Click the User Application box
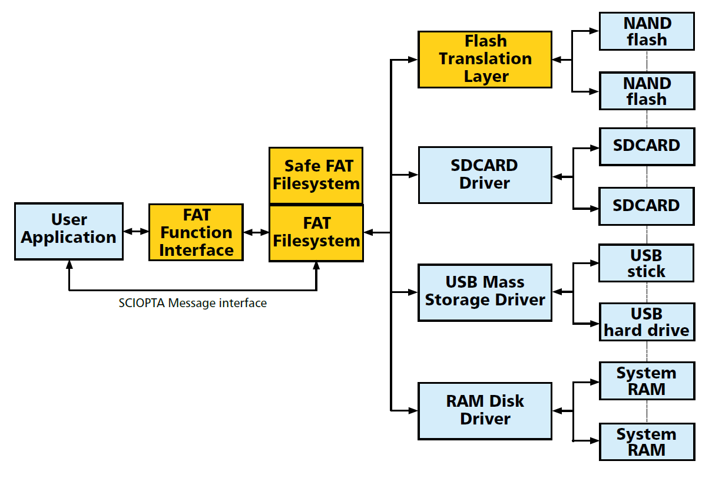coord(69,231)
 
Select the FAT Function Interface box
coord(196,232)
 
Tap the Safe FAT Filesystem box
coord(316,175)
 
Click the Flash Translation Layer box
coord(485,60)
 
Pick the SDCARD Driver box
coord(485,175)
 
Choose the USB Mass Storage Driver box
coord(485,293)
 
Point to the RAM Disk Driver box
coord(485,411)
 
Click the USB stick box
coord(647,263)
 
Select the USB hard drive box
coord(647,322)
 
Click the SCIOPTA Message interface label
coord(193,303)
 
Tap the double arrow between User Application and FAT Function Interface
coord(136,231)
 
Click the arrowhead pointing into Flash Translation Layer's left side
coord(413,60)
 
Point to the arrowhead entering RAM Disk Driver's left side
coord(413,411)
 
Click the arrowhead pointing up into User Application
coord(69,265)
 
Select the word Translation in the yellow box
coord(485,59)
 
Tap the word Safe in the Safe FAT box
coord(299,166)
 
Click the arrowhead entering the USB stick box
coord(594,263)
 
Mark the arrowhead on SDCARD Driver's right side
coord(558,177)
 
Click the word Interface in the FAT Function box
coord(197,250)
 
